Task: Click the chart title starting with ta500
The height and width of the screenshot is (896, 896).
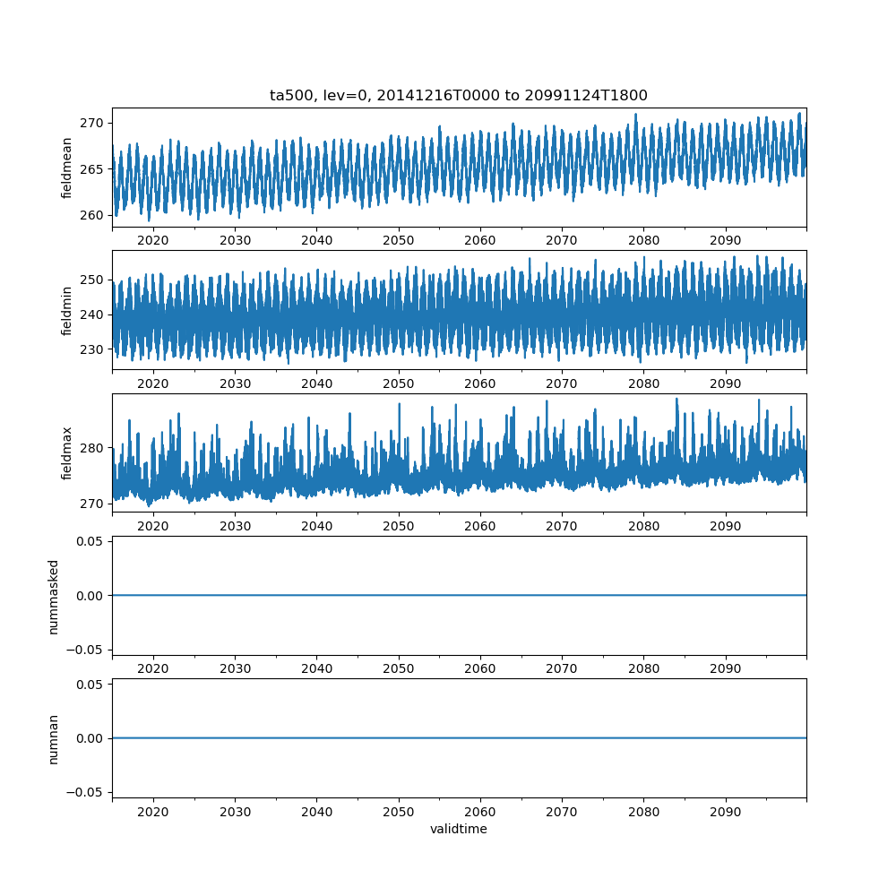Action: click(459, 95)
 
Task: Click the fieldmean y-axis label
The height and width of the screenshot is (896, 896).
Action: click(67, 168)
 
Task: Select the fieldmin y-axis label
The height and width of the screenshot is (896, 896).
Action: click(67, 311)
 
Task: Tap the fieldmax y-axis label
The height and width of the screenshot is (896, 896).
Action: click(67, 453)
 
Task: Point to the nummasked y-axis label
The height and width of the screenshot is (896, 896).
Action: click(54, 596)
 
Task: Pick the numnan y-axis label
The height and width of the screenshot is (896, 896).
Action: click(54, 738)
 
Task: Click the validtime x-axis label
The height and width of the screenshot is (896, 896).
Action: click(459, 829)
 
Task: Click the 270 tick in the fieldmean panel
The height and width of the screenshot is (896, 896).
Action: click(92, 123)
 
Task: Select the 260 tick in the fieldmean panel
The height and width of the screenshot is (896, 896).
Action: click(92, 215)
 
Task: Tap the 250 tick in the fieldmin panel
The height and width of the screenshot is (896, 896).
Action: click(92, 280)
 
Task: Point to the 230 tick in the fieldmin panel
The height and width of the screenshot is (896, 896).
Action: click(92, 349)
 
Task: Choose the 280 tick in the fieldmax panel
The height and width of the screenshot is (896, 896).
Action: click(92, 448)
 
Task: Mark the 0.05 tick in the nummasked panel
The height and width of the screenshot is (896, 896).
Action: click(86, 541)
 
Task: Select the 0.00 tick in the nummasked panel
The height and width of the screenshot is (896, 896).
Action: click(86, 595)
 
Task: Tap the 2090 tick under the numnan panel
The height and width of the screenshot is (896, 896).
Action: click(725, 812)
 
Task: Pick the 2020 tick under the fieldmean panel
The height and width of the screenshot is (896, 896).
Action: click(153, 241)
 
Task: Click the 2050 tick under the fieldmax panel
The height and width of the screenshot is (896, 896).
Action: click(399, 526)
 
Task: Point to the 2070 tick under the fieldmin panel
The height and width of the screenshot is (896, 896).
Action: click(562, 383)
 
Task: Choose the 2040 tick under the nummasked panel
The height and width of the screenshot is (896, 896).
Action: click(316, 668)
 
